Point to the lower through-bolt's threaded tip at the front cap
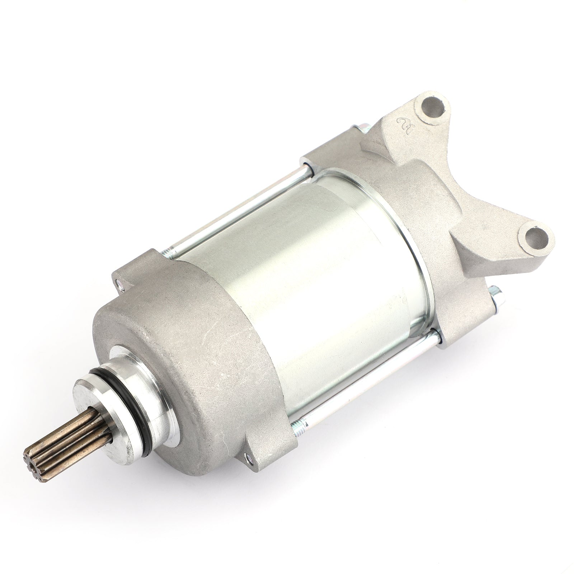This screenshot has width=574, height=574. [297, 427]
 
